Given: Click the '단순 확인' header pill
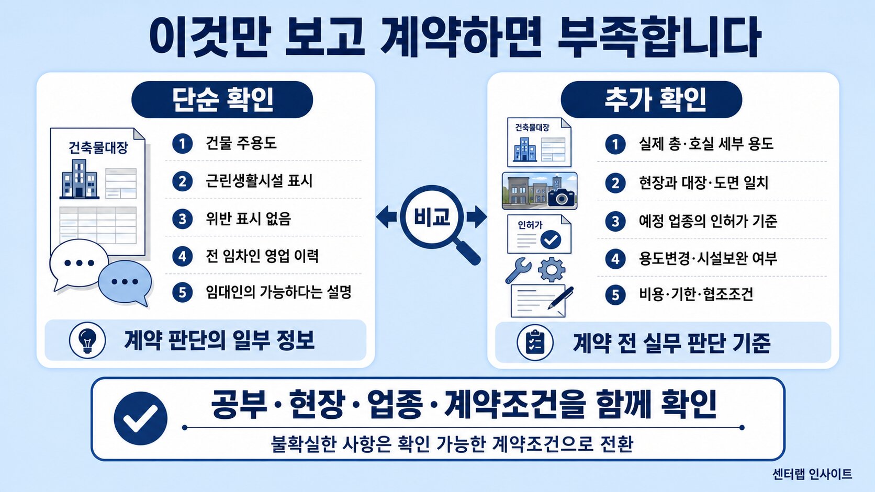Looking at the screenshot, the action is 222,99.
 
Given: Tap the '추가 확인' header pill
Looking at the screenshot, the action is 651,99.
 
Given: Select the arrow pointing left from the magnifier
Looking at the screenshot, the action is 387,217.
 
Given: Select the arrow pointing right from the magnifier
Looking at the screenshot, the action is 477,217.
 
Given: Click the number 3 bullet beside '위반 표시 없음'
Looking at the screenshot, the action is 183,219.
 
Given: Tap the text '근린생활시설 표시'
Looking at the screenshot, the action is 260,181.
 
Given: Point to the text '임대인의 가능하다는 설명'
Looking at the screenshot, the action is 278,292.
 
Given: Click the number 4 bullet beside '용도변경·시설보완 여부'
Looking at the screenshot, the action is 615,259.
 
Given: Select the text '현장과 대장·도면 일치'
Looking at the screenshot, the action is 703,182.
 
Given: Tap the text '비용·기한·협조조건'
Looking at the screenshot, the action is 695,294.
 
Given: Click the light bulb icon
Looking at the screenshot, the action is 87,340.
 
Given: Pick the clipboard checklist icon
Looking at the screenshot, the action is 535,342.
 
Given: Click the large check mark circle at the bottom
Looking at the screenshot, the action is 141,418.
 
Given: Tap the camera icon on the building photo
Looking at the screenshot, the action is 562,198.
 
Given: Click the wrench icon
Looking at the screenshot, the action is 519,270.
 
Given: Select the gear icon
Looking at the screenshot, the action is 552,270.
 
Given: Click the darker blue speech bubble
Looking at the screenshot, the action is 125,283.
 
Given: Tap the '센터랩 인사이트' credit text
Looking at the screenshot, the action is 812,474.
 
